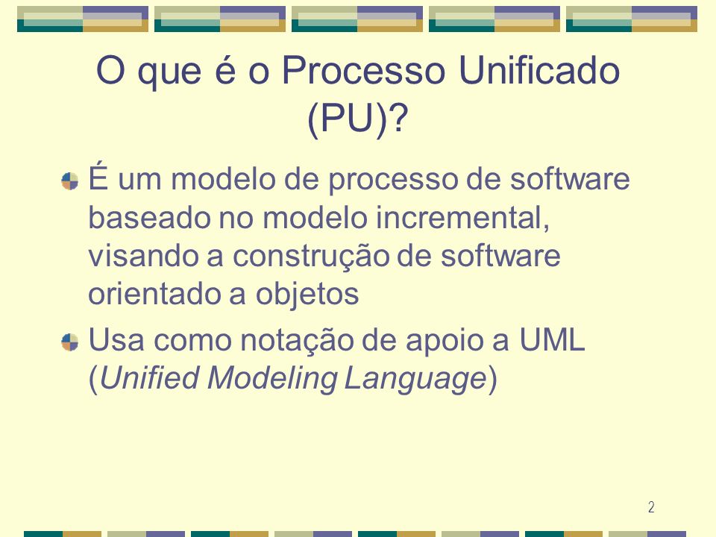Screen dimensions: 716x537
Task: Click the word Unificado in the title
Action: pos(538,70)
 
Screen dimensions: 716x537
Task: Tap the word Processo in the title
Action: pos(363,70)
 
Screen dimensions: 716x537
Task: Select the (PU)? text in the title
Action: pos(357,119)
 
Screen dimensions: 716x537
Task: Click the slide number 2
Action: pos(651,507)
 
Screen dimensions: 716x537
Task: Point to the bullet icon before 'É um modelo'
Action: pos(70,180)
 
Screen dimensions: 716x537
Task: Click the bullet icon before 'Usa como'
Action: pos(70,342)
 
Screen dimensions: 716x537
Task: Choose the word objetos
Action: pos(307,295)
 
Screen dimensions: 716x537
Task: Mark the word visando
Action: pos(143,255)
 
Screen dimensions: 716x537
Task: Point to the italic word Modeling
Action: pos(272,380)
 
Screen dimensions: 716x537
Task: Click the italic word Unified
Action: pos(149,379)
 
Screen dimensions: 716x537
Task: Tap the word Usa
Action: pos(116,340)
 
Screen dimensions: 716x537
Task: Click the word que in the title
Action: pos(169,73)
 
